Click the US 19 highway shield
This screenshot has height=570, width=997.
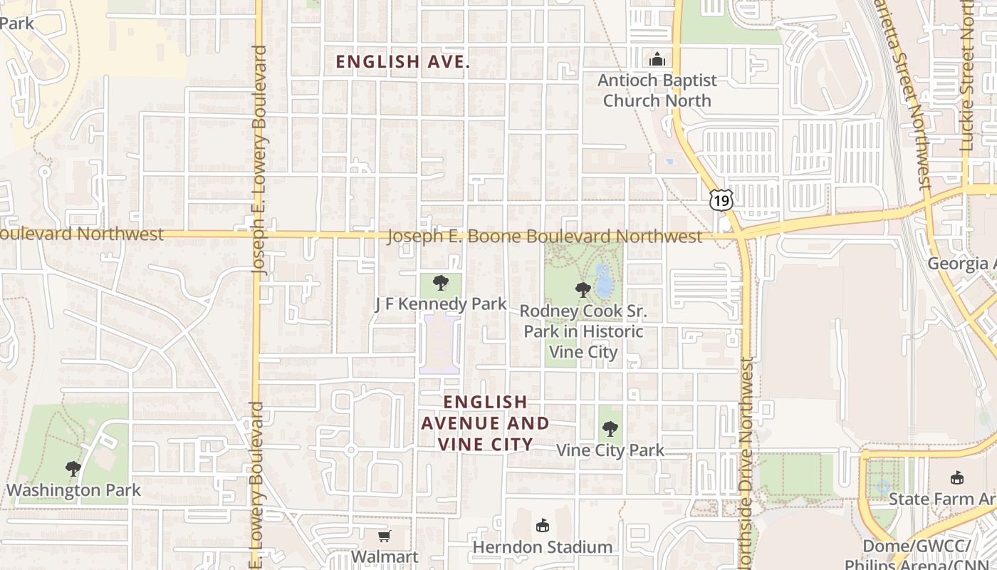point(721,200)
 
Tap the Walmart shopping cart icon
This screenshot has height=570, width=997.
point(384,536)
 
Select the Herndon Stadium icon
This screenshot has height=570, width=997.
point(543,526)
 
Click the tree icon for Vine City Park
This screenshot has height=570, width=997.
point(610,429)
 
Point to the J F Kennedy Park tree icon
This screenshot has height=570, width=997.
point(441,283)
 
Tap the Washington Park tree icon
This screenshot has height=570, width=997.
point(73,469)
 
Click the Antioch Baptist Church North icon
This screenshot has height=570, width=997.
point(657,59)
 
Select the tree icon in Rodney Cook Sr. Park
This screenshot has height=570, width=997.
point(583,290)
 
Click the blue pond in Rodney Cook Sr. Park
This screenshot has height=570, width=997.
point(604,282)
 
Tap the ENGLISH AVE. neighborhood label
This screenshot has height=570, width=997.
point(403,62)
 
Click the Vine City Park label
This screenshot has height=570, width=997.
point(610,450)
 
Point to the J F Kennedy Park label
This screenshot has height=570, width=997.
point(441,304)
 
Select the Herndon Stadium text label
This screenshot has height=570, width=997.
point(543,547)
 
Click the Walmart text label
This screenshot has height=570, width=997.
point(385,556)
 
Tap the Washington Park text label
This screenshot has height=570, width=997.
point(73,490)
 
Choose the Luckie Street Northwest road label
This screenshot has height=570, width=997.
point(966,75)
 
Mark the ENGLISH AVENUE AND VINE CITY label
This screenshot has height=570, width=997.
point(485,423)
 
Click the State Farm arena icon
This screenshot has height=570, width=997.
point(956,477)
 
